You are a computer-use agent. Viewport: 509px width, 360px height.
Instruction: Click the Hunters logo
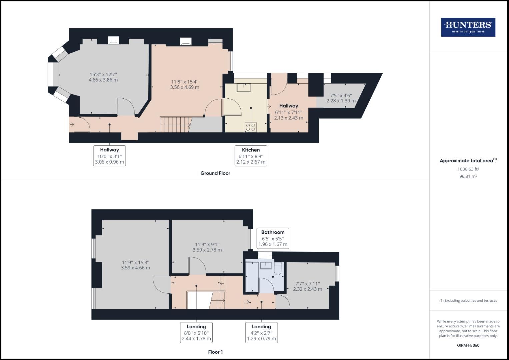point(468,27)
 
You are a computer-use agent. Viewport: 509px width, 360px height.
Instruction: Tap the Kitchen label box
point(251,156)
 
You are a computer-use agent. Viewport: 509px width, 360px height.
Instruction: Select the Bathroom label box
point(273,238)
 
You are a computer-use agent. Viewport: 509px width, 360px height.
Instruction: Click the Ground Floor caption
point(215,173)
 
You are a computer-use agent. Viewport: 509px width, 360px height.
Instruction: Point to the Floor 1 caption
point(215,352)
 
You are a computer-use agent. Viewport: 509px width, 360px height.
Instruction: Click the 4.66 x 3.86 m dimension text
point(103,80)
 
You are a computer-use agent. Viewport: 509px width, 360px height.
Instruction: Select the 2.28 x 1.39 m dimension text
point(341,101)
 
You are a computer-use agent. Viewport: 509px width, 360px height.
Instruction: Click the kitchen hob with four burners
point(250,127)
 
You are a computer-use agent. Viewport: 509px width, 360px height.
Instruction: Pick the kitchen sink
point(244,88)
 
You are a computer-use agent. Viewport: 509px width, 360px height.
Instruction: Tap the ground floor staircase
point(175,124)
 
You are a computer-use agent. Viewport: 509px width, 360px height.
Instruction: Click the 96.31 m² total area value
point(468,176)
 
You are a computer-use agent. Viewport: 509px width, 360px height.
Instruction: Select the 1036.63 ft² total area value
point(468,169)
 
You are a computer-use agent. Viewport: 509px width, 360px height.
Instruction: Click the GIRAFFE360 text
point(468,345)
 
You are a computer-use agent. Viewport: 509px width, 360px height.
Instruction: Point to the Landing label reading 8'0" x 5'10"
point(196,332)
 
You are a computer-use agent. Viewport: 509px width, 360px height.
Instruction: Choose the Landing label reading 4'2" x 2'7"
point(261,332)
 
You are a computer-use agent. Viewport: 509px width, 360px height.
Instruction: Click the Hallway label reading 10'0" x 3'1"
point(109,156)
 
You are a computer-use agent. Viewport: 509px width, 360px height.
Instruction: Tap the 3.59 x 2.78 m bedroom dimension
point(207,250)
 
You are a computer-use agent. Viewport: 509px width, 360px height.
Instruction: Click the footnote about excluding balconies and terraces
point(468,300)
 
